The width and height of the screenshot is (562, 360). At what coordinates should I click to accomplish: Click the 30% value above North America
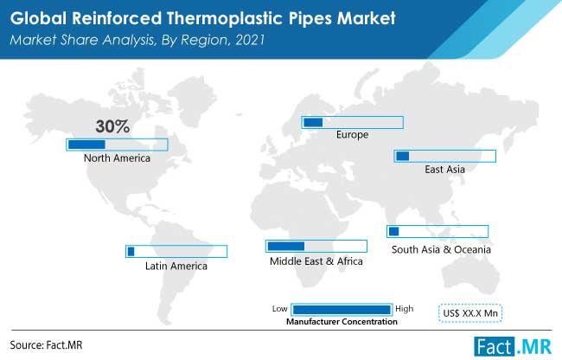[112, 126]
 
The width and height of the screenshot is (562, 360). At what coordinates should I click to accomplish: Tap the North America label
[117, 157]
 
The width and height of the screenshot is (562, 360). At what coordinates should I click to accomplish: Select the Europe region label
[352, 135]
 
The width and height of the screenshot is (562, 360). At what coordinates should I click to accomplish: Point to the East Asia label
[444, 170]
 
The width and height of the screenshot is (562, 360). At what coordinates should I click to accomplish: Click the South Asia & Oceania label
[441, 249]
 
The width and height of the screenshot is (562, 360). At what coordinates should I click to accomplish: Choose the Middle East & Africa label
[316, 261]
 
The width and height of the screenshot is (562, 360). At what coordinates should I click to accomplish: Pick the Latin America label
[176, 266]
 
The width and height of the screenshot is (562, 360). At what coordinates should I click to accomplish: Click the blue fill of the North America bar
[86, 145]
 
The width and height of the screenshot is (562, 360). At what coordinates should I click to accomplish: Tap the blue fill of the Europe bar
[313, 123]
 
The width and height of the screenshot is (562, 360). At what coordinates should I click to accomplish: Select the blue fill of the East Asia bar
[403, 156]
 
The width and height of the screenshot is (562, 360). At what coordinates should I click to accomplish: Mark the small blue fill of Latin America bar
[131, 251]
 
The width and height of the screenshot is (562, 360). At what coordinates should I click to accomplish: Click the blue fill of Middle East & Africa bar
[286, 246]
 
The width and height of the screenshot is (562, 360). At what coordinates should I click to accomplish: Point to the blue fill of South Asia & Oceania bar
[394, 231]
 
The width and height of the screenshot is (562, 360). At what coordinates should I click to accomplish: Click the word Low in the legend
[279, 309]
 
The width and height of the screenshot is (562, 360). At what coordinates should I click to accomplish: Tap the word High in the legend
[405, 309]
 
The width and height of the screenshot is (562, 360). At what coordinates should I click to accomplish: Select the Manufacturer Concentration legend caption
[342, 322]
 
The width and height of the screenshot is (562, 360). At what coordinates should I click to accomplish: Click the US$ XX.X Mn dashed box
[470, 313]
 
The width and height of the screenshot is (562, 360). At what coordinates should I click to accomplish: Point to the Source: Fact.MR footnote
[46, 345]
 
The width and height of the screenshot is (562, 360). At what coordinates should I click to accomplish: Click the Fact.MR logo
[513, 347]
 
